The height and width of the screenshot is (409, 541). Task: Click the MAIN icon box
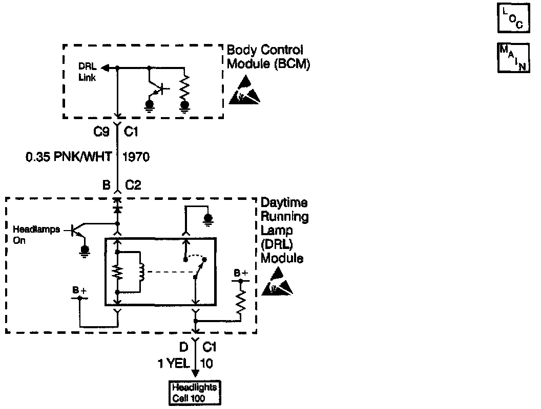pyautogui.click(x=513, y=58)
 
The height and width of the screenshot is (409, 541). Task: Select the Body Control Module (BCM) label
pyautogui.click(x=268, y=57)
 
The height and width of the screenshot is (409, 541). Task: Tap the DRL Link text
pyautogui.click(x=87, y=72)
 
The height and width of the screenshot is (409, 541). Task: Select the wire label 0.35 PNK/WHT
pyautogui.click(x=68, y=157)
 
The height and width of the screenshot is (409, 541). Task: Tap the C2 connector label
pyautogui.click(x=133, y=185)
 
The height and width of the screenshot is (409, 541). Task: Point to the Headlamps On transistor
pyautogui.click(x=77, y=231)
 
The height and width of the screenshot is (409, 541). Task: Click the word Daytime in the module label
pyautogui.click(x=284, y=203)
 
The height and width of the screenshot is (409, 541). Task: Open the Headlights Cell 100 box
pyautogui.click(x=195, y=392)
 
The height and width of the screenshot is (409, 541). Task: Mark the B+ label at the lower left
pyautogui.click(x=79, y=291)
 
